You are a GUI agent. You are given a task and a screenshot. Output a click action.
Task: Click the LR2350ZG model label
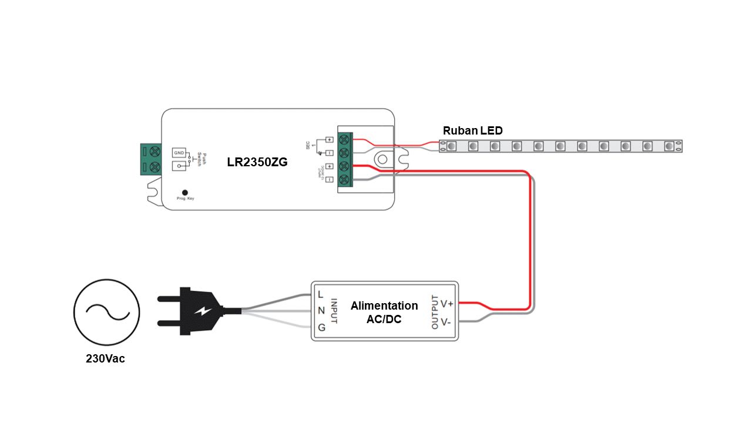pyautogui.click(x=257, y=162)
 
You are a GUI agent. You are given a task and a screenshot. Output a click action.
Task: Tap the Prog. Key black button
pyautogui.click(x=185, y=192)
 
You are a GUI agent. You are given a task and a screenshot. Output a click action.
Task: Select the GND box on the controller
pyautogui.click(x=179, y=152)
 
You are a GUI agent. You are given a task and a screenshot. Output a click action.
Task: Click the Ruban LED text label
pyautogui.click(x=472, y=130)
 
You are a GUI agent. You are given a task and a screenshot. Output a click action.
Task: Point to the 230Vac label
pyautogui.click(x=105, y=358)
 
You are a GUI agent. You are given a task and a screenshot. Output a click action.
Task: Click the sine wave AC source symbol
pyautogui.click(x=106, y=312)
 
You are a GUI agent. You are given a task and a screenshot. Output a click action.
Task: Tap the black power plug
pyautogui.click(x=191, y=311)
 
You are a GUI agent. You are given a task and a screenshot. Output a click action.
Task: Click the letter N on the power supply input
pyautogui.click(x=321, y=311)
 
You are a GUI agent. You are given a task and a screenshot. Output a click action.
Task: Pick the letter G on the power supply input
pyautogui.click(x=321, y=328)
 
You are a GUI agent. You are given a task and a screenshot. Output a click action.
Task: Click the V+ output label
pyautogui.click(x=446, y=304)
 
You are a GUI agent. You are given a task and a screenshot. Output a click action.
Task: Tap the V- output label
pyautogui.click(x=446, y=321)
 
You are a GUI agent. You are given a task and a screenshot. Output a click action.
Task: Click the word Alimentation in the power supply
pyautogui.click(x=384, y=305)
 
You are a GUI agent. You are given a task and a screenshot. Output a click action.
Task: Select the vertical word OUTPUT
pyautogui.click(x=435, y=312)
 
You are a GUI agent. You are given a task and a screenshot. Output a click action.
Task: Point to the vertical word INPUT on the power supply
pyautogui.click(x=333, y=311)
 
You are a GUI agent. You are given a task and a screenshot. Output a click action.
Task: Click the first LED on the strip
pyautogui.click(x=451, y=146)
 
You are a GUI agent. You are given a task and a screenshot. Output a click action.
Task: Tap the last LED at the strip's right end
pyautogui.click(x=669, y=146)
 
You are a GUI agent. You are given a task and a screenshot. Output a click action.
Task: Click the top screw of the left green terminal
pyautogui.click(x=154, y=152)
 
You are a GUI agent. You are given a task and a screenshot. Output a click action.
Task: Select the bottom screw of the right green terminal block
pyautogui.click(x=344, y=179)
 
